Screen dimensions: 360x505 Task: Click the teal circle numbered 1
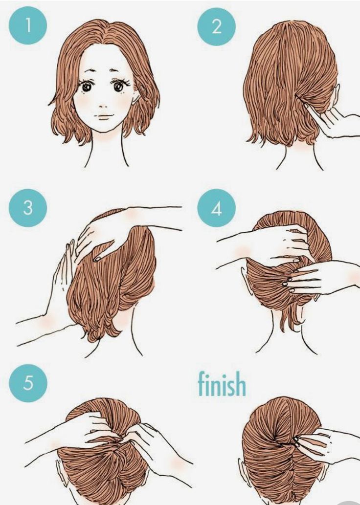28,25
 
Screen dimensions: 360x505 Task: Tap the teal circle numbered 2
216,26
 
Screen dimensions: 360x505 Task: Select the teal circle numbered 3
28,208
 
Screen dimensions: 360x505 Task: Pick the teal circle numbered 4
216,208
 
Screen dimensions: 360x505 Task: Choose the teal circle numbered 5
28,383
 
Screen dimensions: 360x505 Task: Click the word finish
222,384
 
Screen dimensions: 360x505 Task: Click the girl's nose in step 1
103,105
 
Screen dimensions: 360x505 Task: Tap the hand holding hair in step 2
332,120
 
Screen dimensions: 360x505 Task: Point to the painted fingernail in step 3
97,259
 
